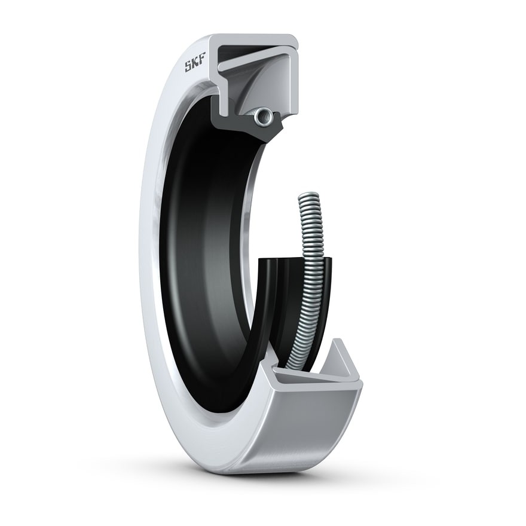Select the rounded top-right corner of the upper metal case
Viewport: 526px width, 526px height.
[x=294, y=39]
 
